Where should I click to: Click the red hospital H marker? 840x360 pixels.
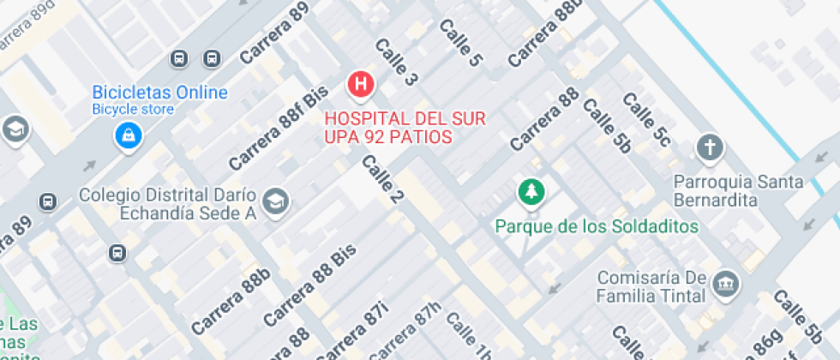362,84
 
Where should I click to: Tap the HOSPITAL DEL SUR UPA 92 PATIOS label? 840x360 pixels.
389,126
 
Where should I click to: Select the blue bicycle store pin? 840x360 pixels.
129,134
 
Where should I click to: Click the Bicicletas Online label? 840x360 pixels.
160,93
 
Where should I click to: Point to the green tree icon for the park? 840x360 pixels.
531,191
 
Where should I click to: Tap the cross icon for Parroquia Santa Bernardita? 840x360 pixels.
710,148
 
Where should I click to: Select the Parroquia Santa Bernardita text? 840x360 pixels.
739,190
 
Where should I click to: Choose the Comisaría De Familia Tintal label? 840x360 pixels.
651,286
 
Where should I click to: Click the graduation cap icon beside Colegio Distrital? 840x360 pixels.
276,201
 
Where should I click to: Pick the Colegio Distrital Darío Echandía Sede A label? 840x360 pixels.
170,204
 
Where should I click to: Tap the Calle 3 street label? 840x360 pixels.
396,62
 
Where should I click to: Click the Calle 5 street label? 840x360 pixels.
460,42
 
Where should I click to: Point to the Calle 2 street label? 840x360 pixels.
382,180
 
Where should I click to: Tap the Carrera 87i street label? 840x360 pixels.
351,331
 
